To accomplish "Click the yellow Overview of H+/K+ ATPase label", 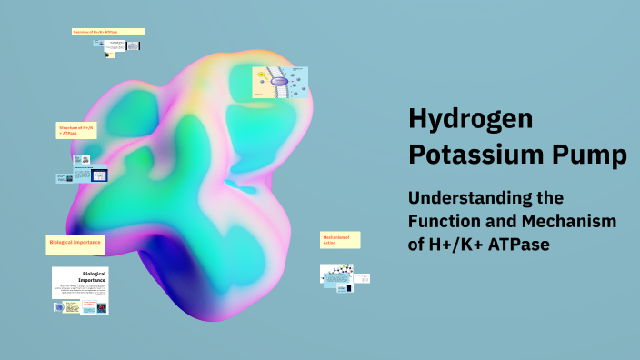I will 108,32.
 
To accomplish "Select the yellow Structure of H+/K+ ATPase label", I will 76,131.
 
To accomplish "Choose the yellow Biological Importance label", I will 75,244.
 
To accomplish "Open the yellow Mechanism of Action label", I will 340,240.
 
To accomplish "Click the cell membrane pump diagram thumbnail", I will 280,82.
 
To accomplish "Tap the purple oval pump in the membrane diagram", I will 280,82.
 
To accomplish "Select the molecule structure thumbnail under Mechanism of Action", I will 336,273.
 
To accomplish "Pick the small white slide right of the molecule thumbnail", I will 361,277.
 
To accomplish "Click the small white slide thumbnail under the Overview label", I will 115,45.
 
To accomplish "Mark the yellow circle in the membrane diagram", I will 261,74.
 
